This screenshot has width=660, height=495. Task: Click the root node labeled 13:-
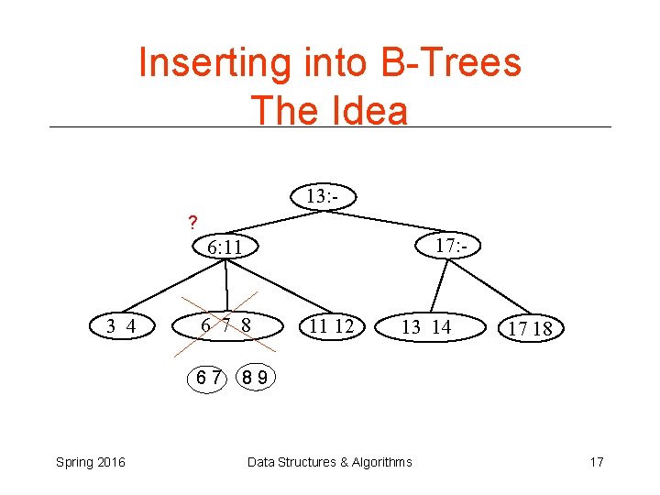click(322, 196)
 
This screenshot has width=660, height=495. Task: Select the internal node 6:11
click(225, 247)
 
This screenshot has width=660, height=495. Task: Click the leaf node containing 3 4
click(121, 325)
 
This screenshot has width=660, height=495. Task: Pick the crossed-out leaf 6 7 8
click(226, 325)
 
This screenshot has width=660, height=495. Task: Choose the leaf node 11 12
click(331, 325)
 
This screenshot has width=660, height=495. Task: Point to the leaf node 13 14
click(426, 326)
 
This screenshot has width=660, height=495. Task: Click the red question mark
click(192, 222)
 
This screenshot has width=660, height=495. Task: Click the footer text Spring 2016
click(89, 461)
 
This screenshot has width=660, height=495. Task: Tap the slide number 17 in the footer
click(596, 461)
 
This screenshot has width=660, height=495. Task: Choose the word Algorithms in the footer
click(377, 461)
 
